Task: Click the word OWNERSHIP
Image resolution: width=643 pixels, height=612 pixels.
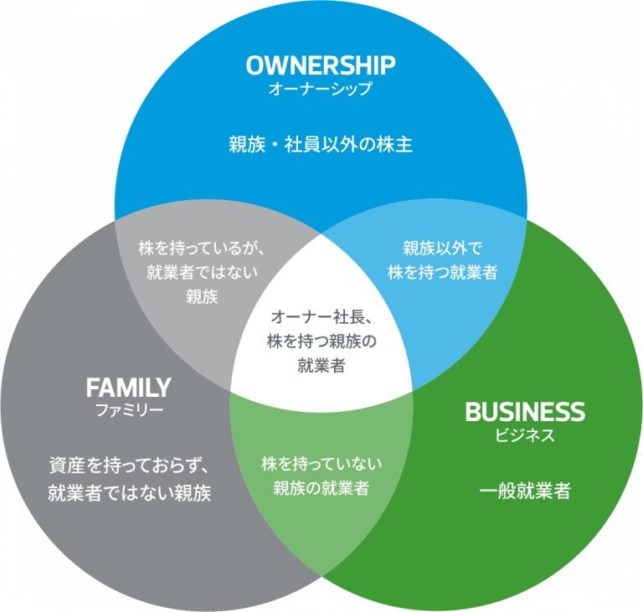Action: [x=321, y=65]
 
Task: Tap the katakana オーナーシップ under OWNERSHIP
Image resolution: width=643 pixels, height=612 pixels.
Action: [x=321, y=89]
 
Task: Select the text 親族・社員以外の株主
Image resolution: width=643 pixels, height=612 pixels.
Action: [x=321, y=145]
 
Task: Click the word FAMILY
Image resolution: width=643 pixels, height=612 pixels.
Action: [x=128, y=388]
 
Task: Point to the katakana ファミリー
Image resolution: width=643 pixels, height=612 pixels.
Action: [x=129, y=409]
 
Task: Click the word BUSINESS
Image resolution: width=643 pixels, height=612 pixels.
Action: [x=525, y=412]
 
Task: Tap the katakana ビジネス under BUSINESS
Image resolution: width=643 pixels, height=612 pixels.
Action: [x=525, y=435]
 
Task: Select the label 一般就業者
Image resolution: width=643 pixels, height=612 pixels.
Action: [x=525, y=491]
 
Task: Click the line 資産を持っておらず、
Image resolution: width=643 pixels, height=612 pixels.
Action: [x=130, y=465]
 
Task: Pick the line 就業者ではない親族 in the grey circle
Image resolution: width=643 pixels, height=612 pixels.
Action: [x=130, y=492]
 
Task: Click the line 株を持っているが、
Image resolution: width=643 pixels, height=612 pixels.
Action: [x=202, y=248]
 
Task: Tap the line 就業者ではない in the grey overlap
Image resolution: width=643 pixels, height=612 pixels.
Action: [x=202, y=272]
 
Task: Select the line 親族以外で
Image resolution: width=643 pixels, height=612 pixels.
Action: [x=442, y=248]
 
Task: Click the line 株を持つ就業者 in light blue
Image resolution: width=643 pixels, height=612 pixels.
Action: [x=442, y=272]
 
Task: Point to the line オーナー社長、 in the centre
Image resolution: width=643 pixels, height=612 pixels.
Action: [x=321, y=316]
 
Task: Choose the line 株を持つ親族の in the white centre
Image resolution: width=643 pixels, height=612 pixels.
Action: [x=321, y=341]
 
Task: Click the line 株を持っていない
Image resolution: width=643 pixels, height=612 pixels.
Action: [x=321, y=464]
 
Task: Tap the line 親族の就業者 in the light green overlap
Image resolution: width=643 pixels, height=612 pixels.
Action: [x=321, y=488]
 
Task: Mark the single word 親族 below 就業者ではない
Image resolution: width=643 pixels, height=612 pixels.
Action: [x=202, y=296]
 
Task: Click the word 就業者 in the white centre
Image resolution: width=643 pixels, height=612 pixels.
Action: [x=321, y=365]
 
